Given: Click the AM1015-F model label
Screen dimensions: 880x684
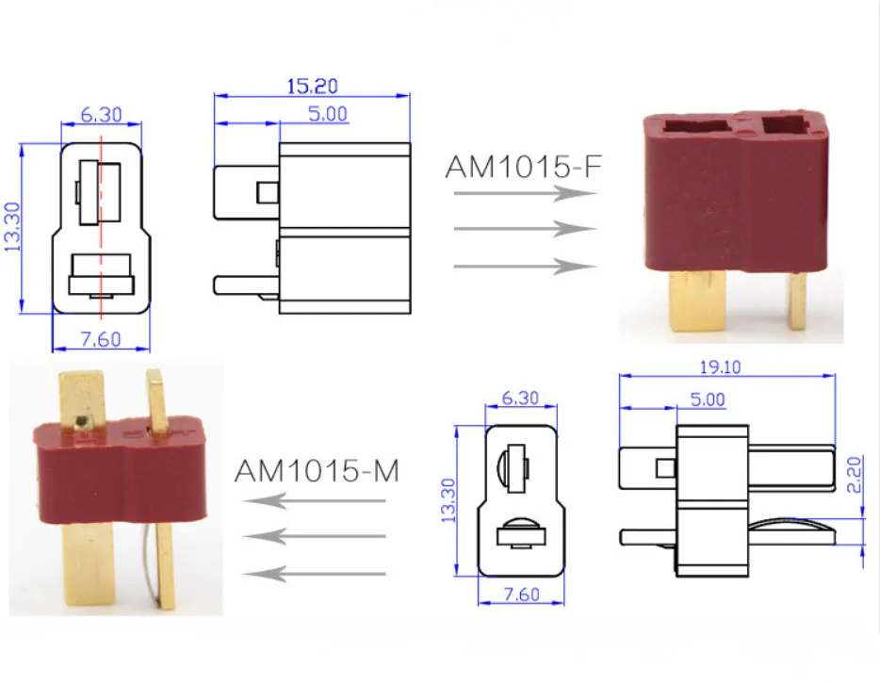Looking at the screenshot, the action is click(x=522, y=167).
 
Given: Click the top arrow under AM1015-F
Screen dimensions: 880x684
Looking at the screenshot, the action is click(x=524, y=193).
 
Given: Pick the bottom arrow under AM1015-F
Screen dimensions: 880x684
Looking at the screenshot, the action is click(x=524, y=267).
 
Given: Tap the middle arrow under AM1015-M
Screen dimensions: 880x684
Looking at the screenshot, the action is click(x=314, y=536).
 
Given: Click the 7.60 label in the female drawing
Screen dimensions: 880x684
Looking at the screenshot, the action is click(x=99, y=339).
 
